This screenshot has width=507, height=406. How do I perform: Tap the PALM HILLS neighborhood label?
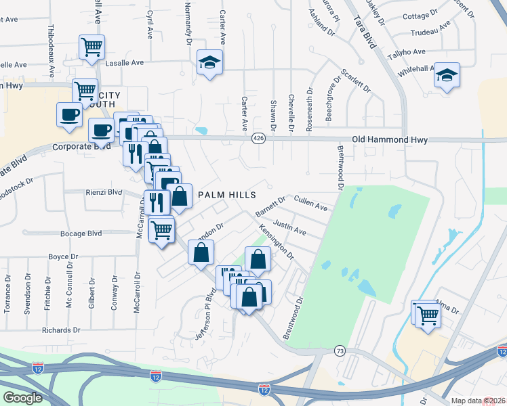tap(226, 195)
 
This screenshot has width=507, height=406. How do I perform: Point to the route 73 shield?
tap(340, 350)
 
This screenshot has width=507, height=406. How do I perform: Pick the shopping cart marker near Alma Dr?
tap(428, 315)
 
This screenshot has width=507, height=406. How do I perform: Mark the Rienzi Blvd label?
tap(103, 191)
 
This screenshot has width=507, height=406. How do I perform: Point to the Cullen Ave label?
tap(311, 203)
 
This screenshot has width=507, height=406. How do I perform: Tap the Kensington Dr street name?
tap(276, 243)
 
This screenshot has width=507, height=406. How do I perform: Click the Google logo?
tap(23, 397)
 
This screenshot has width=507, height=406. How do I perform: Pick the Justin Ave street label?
tap(289, 227)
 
